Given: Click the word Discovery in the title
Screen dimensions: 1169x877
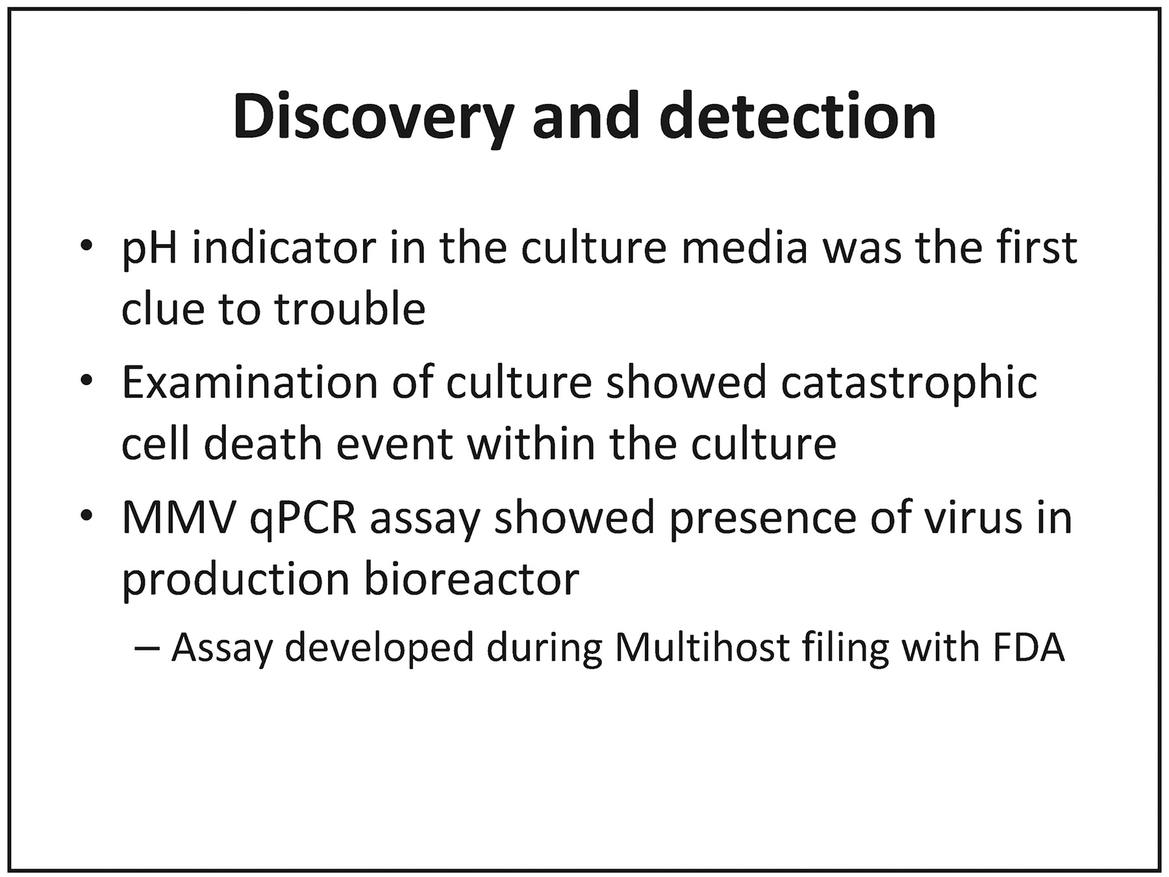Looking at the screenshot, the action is pos(373,119).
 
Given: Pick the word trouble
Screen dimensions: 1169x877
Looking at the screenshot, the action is pos(350,308).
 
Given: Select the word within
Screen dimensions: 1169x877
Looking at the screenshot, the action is pos(531,443).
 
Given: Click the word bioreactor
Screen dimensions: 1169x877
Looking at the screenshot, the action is pos(471,579).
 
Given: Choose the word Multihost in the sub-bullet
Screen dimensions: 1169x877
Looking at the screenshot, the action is pos(701,647).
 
